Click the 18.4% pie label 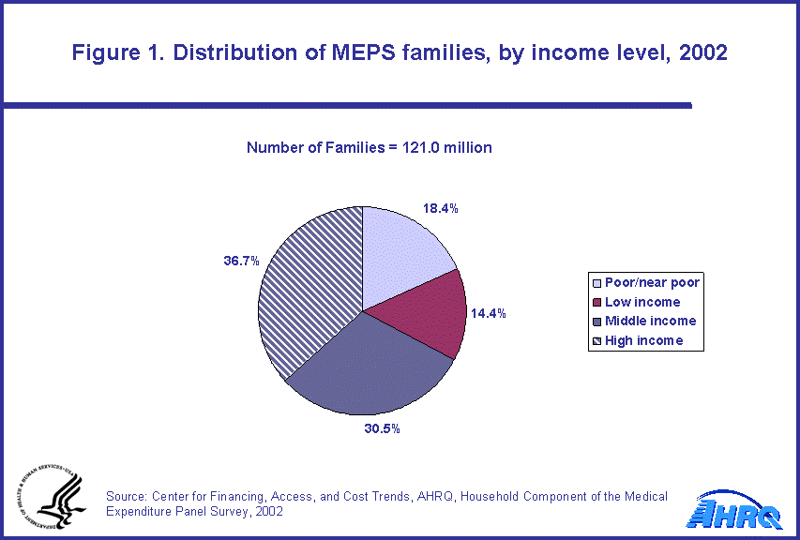click(x=440, y=209)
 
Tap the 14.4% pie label click(x=489, y=314)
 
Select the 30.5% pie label click(x=382, y=429)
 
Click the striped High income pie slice click(x=309, y=281)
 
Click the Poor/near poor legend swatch click(x=596, y=283)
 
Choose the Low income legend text click(x=642, y=302)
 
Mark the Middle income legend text click(x=650, y=321)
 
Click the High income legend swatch click(x=596, y=340)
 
